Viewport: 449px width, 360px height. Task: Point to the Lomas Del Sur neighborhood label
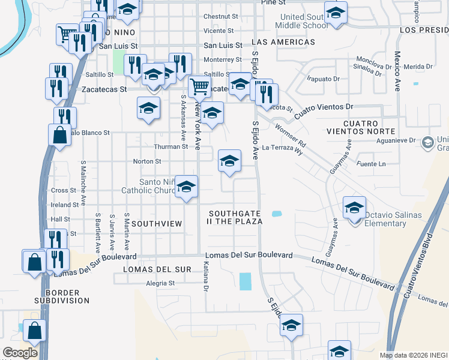157,269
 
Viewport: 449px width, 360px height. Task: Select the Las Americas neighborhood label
284,43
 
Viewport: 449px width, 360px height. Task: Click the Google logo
20,353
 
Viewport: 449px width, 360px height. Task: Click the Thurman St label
171,146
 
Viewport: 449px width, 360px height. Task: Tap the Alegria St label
160,283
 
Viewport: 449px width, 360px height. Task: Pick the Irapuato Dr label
324,79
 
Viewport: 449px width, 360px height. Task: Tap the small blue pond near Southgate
276,214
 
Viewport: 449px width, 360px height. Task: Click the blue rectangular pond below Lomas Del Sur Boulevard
246,281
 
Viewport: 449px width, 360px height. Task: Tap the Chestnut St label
221,16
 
